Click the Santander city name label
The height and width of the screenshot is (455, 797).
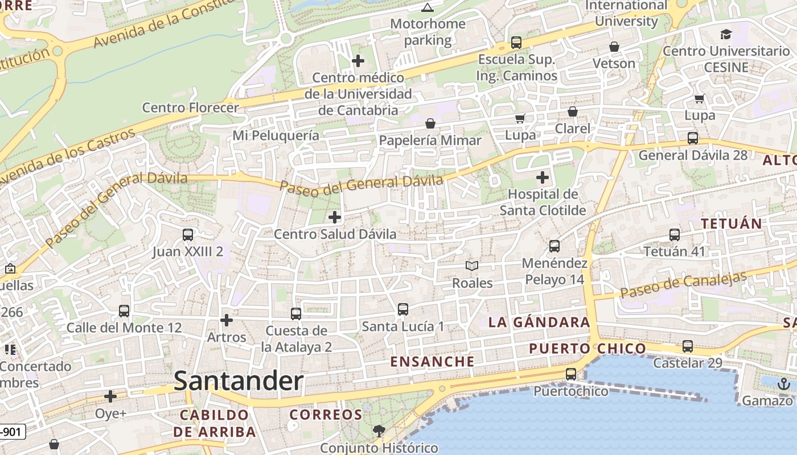tap(239, 380)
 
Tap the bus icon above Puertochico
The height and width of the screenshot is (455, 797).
tap(570, 374)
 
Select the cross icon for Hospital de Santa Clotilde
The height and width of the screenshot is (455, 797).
tap(543, 177)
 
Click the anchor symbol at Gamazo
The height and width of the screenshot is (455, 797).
tap(783, 384)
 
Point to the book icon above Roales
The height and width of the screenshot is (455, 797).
tap(472, 266)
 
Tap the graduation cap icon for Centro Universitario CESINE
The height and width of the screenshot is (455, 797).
tap(726, 34)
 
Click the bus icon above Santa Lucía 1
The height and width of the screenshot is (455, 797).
tap(403, 309)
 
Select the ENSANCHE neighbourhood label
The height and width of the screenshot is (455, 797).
tap(432, 362)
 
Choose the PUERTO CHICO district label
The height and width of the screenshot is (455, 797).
tap(588, 349)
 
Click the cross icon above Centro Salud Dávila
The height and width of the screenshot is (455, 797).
tap(335, 217)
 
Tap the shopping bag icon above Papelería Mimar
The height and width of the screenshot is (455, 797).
tap(430, 123)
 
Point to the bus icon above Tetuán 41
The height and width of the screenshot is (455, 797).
tap(675, 234)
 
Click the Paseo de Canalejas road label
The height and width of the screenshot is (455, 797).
tap(683, 285)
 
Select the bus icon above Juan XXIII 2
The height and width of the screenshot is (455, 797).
tap(187, 234)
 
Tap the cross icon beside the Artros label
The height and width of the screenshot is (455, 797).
tap(227, 320)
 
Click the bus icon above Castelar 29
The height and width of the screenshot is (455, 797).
tap(688, 346)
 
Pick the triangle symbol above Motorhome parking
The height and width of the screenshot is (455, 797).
tap(428, 7)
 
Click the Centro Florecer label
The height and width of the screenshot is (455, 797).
tap(190, 107)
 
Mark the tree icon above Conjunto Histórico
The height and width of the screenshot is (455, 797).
tap(379, 431)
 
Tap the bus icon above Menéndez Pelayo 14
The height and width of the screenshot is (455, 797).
tap(554, 246)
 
